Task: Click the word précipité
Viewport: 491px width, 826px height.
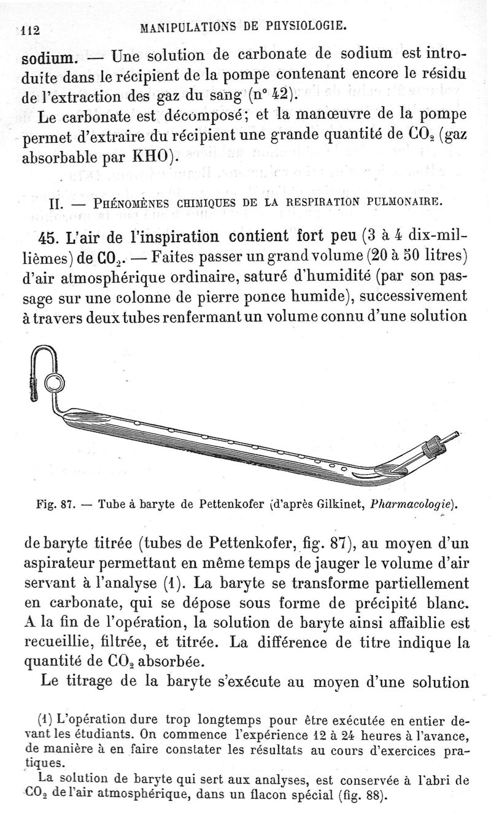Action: [x=368, y=603]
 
